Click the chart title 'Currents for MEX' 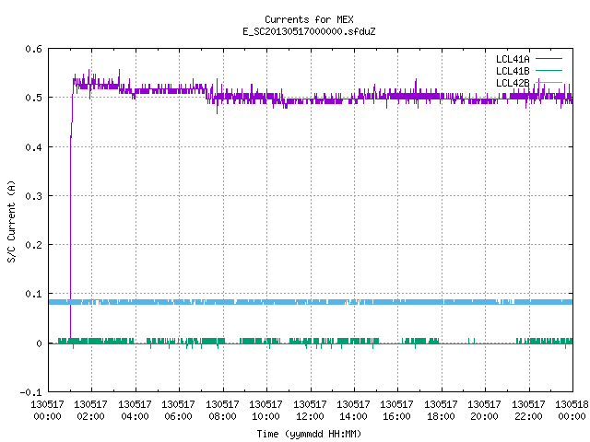point(309,19)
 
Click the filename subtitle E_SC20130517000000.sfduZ point(309,31)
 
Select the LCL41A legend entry point(528,59)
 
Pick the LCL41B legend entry point(528,71)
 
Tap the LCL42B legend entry point(528,83)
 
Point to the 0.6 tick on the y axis point(33,49)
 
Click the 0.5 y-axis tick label point(33,98)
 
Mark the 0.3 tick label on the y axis point(33,196)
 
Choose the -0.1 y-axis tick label point(30,392)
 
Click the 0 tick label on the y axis point(39,343)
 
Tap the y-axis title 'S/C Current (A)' point(12,221)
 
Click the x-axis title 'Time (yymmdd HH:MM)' point(309,434)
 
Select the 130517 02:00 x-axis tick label point(90,411)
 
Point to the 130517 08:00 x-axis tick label point(222,411)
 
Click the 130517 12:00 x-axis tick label point(310,411)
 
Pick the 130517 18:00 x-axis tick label point(441,411)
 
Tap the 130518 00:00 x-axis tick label point(572,411)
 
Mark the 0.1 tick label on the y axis point(33,294)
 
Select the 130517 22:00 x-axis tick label point(528,411)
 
